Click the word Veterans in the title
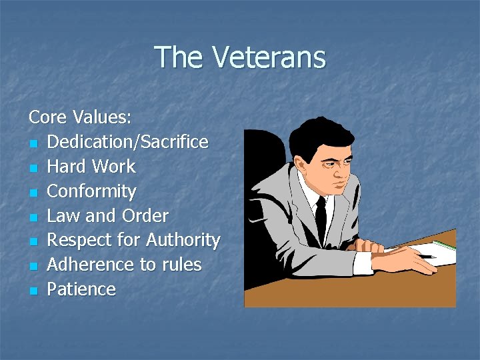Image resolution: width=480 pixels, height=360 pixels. pyautogui.click(x=269, y=57)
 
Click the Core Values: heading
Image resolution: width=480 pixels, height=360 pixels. pyautogui.click(x=80, y=117)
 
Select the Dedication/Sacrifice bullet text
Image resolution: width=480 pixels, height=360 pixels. pyautogui.click(x=128, y=142)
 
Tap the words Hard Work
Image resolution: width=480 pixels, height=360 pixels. pyautogui.click(x=91, y=167)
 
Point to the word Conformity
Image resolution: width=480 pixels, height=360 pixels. pyautogui.click(x=92, y=191)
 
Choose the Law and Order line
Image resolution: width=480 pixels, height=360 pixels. pyautogui.click(x=108, y=216)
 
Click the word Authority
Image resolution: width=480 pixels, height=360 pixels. pyautogui.click(x=183, y=240)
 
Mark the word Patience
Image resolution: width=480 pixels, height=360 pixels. pyautogui.click(x=81, y=289)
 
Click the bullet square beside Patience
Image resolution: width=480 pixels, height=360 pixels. pyautogui.click(x=33, y=291)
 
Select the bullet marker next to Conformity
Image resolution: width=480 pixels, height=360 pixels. pyautogui.click(x=33, y=193)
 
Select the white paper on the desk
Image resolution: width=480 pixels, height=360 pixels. pyautogui.click(x=437, y=251)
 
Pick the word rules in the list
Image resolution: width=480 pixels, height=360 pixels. pyautogui.click(x=180, y=265)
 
